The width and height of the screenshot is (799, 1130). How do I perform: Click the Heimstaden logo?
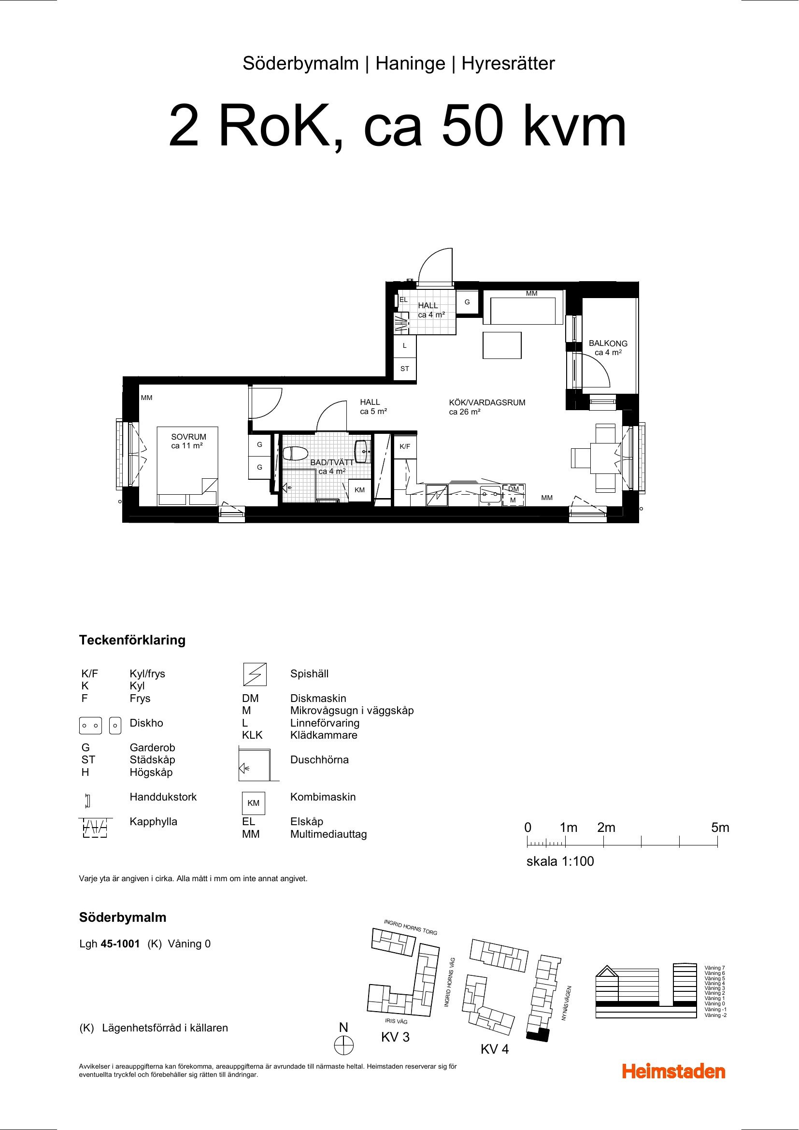pyautogui.click(x=673, y=1072)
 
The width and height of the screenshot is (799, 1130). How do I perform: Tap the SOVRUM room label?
pyautogui.click(x=188, y=437)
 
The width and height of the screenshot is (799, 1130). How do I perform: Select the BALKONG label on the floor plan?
pyautogui.click(x=608, y=343)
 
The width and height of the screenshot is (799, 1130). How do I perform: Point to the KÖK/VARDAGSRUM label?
pyautogui.click(x=487, y=402)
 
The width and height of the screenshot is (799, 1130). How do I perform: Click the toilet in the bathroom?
pyautogui.click(x=295, y=453)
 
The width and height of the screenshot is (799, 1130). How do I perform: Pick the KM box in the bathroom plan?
pyautogui.click(x=360, y=490)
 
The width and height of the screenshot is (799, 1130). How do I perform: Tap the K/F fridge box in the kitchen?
pyautogui.click(x=405, y=446)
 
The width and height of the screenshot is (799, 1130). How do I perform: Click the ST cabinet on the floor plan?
pyautogui.click(x=405, y=369)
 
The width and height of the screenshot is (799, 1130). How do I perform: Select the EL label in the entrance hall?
pyautogui.click(x=403, y=300)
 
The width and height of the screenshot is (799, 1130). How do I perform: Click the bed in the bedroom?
pyautogui.click(x=187, y=466)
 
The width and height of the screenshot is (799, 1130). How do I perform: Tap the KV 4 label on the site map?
pyautogui.click(x=495, y=1049)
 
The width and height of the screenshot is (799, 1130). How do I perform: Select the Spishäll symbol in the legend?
pyautogui.click(x=255, y=674)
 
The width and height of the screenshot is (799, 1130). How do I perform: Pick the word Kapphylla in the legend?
pyautogui.click(x=154, y=821)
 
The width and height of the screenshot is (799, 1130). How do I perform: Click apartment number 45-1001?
pyautogui.click(x=121, y=944)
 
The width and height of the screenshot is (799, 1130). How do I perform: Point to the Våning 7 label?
pyautogui.click(x=714, y=968)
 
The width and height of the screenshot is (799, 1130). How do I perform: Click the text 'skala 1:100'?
pyautogui.click(x=560, y=861)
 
